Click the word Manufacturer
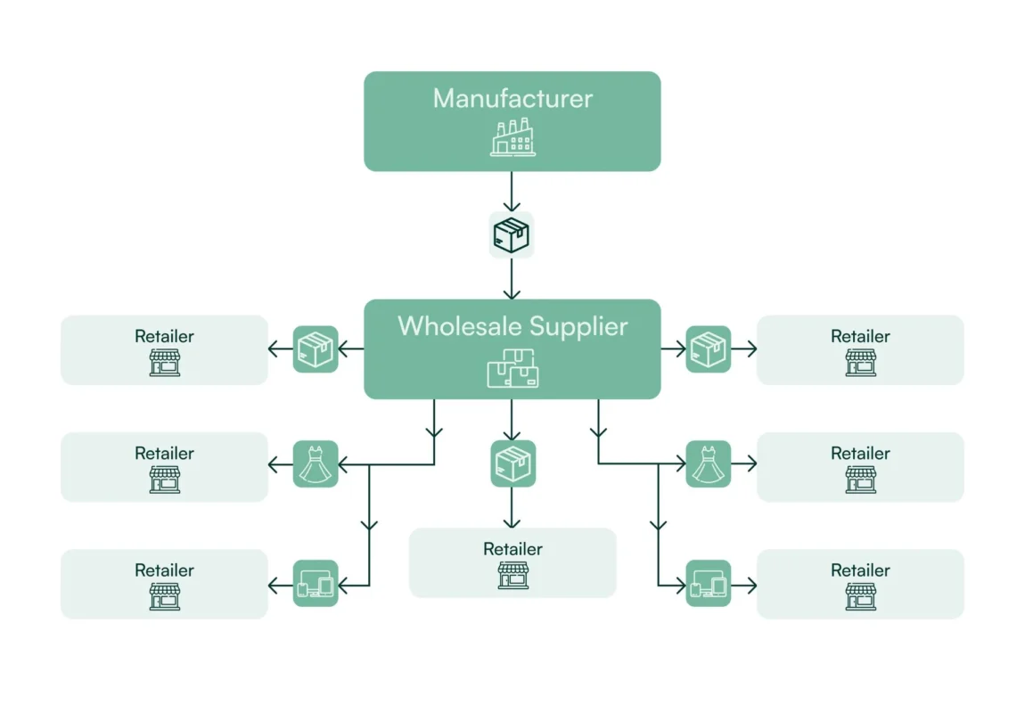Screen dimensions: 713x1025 pos(512,98)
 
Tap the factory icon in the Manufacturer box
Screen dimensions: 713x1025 pos(512,137)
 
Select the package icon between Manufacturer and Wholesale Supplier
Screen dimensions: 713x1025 pos(512,235)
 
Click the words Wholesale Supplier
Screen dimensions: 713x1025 pos(512,325)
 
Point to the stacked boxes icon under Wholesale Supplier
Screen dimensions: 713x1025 pos(512,369)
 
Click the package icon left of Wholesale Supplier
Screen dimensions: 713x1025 pos(316,348)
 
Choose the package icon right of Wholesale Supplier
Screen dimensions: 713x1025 pos(709,348)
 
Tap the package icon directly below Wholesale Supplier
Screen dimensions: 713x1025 pos(512,463)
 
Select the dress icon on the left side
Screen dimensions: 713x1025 pos(316,463)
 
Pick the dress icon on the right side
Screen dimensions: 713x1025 pos(709,463)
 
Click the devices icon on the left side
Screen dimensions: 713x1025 pos(316,584)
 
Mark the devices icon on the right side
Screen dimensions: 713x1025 pos(709,584)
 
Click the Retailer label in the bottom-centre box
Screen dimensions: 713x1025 pos(512,549)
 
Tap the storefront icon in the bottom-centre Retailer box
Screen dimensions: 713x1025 pos(512,575)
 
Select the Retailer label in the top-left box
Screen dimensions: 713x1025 pos(164,336)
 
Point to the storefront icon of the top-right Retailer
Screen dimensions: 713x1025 pos(860,362)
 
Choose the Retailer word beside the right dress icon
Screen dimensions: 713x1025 pos(860,454)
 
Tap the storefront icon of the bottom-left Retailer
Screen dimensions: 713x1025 pos(164,596)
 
